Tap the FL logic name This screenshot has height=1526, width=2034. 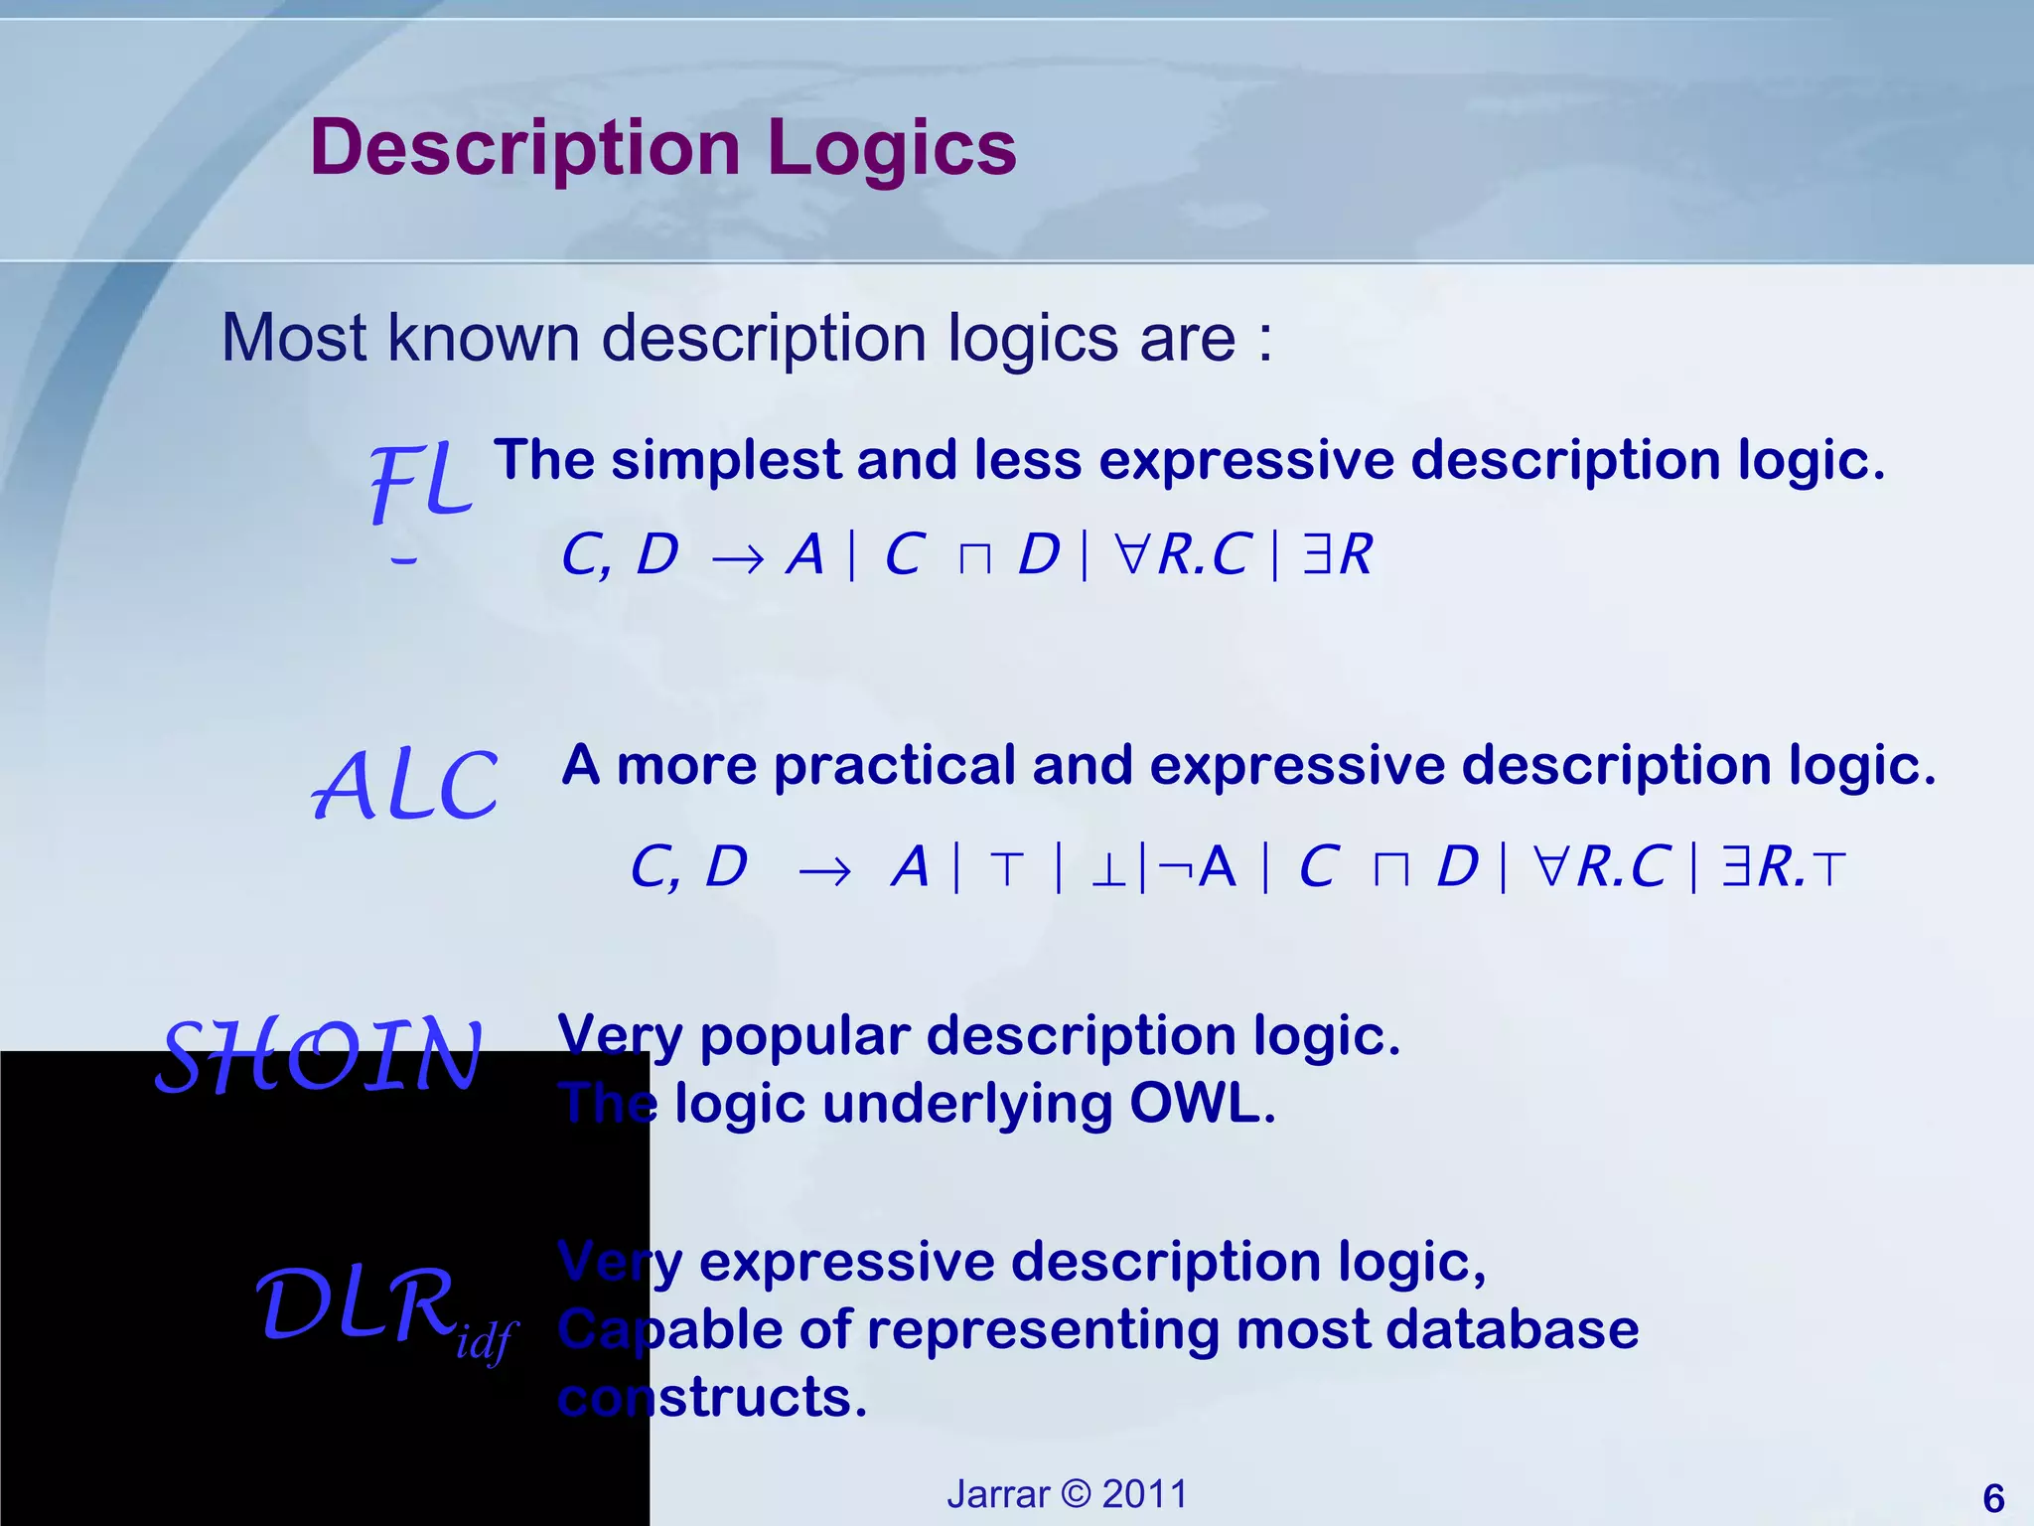point(420,483)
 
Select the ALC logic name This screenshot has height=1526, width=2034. point(405,786)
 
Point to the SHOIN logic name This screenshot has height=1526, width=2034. point(320,1056)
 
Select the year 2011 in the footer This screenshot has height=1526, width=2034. point(1145,1494)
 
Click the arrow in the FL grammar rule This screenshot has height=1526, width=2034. point(738,559)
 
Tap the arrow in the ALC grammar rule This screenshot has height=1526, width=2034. point(824,871)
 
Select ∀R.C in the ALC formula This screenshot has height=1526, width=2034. point(1601,867)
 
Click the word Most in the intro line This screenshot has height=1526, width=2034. point(295,339)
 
